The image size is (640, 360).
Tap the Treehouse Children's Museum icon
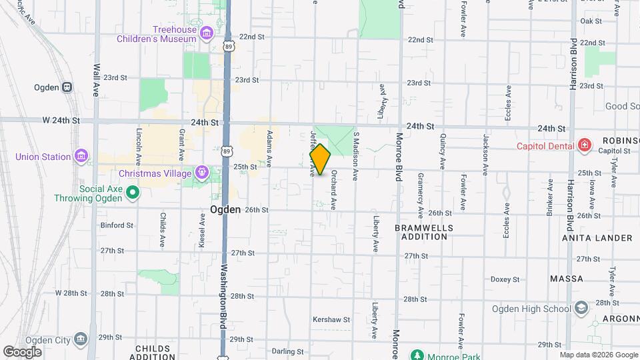coord(207,33)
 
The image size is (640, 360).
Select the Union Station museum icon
coord(81,157)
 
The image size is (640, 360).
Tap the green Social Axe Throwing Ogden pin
coord(133,193)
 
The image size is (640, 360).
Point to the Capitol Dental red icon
coord(585,145)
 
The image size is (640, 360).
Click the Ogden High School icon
coord(581,308)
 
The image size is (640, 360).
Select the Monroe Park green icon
coord(417,355)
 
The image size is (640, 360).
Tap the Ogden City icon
coord(81,340)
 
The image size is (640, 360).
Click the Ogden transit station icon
coord(67,87)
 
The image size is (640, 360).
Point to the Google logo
coord(22,351)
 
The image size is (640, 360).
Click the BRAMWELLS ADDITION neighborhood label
coord(423,233)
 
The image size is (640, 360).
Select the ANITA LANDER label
coord(597,238)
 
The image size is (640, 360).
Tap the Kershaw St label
coord(331,320)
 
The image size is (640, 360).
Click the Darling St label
coord(288,351)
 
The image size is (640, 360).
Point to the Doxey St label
coord(504,279)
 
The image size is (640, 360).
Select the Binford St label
coord(117,225)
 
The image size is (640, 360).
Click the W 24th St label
coord(61,121)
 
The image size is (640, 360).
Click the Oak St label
coord(591,21)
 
